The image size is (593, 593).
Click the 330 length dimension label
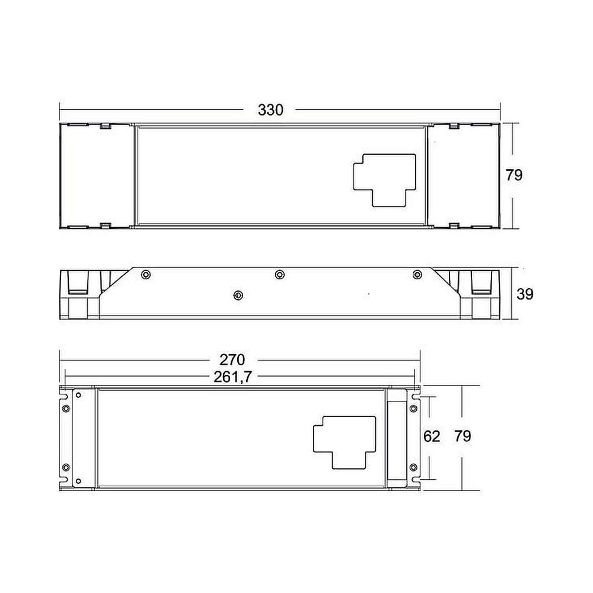pos(270,110)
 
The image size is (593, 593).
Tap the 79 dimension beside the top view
pos(514,175)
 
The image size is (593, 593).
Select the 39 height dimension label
pos(525,294)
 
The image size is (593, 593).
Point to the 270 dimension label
pos(232,360)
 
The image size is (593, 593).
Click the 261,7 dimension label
pos(232,377)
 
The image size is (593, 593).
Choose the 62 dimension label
pos(432,436)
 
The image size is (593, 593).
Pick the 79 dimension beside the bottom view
pos(463,436)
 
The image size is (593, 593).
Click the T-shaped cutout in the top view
pos(385,180)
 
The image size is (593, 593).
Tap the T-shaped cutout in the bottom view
pos(345,442)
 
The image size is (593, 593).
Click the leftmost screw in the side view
pos(146,275)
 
